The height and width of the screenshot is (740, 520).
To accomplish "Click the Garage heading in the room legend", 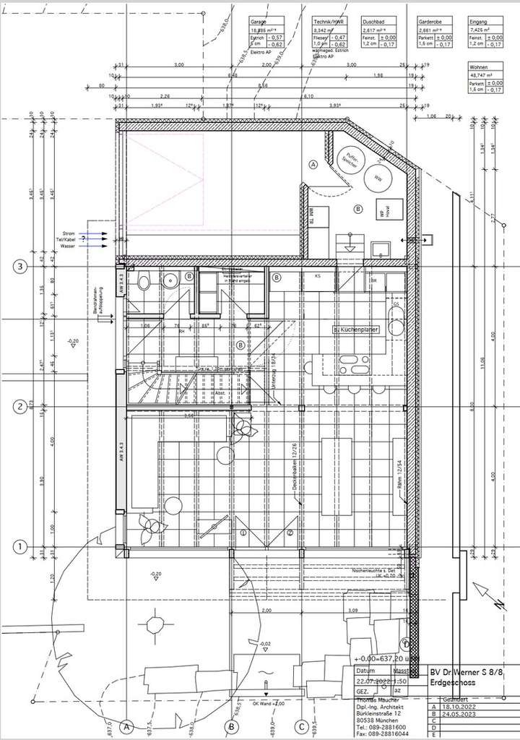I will tap(258, 22).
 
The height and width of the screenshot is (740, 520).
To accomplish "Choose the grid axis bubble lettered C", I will tap(300, 726).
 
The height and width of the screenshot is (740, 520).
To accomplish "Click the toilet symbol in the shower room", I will tap(144, 283).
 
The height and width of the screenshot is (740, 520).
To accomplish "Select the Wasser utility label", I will tap(68, 246).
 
